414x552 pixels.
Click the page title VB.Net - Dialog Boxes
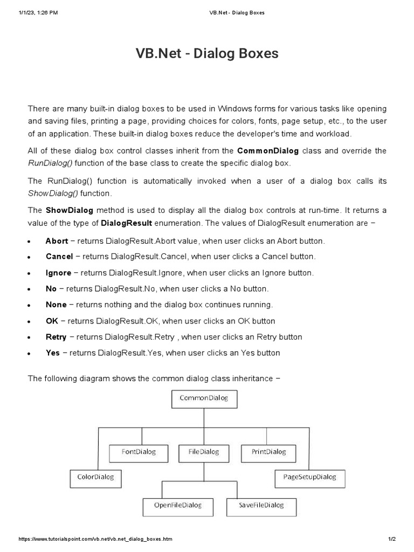click(x=207, y=54)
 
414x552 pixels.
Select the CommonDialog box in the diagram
click(x=204, y=399)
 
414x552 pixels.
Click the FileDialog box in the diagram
click(x=204, y=452)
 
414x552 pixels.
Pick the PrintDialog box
click(x=269, y=452)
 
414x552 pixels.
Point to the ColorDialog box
click(x=96, y=478)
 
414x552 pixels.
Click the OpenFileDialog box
click(x=178, y=506)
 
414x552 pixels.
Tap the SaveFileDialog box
click(x=261, y=506)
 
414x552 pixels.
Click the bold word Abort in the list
click(x=57, y=241)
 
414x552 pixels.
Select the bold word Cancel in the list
click(x=59, y=257)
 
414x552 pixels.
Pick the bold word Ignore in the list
click(x=58, y=273)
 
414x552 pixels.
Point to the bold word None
click(x=56, y=305)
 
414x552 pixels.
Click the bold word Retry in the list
click(x=56, y=337)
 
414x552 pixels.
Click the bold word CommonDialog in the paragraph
click(x=268, y=151)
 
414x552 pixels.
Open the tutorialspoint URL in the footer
click(x=95, y=539)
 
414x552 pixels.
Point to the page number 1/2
click(x=392, y=539)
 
